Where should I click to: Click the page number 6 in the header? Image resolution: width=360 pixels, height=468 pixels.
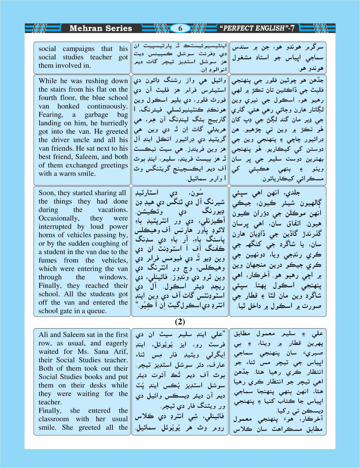tap(180, 28)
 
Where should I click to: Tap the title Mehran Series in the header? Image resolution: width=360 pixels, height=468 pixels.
tap(101, 28)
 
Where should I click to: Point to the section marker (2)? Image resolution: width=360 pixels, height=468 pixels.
tap(180, 322)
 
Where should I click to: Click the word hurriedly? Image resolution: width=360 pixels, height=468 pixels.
tap(113, 123)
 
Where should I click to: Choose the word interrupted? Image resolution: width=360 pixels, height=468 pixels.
tap(55, 227)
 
